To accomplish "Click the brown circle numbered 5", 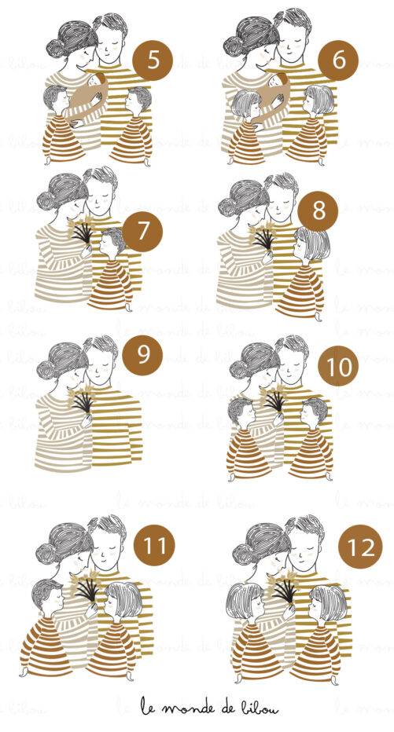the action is (153, 60).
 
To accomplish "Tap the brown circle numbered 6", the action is (338, 60).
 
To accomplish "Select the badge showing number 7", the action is (142, 232).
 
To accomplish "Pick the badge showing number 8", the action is (319, 211).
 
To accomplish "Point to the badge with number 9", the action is (142, 355).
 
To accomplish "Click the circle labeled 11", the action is (154, 544).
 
